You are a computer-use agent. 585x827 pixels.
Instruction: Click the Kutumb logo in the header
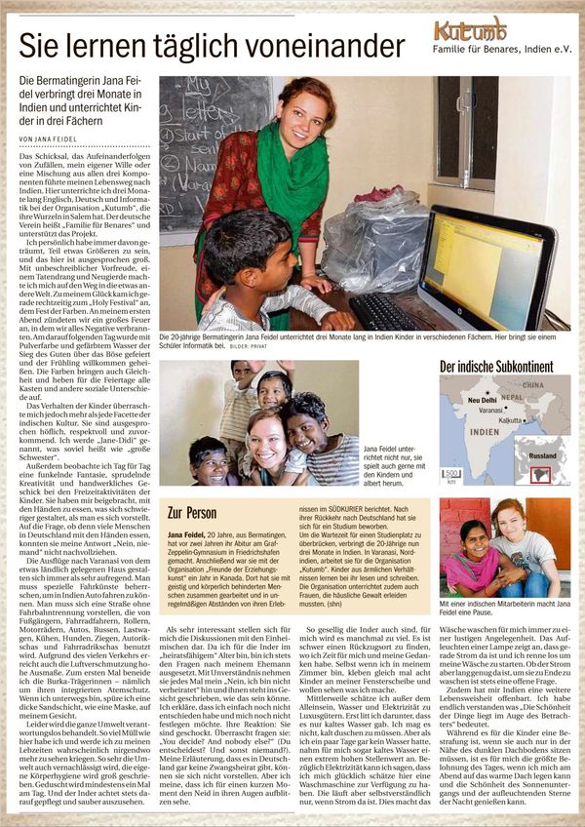469,28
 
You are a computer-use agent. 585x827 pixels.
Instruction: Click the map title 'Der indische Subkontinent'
496,368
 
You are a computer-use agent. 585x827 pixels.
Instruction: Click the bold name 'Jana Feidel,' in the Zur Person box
186,535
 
